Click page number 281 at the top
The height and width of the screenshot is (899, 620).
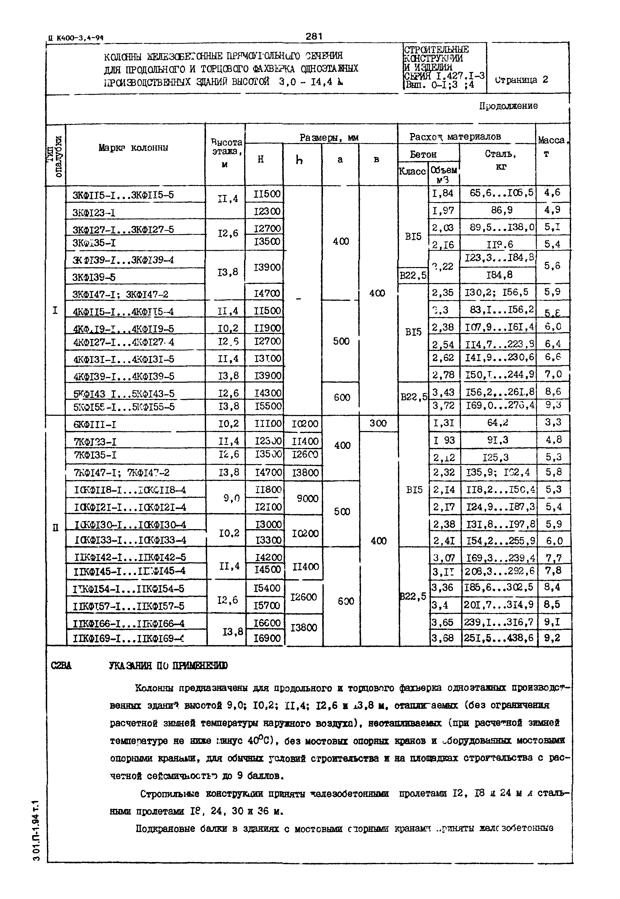(x=314, y=36)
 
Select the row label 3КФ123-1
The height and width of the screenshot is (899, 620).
(x=94, y=212)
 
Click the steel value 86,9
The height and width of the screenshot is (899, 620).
(x=502, y=210)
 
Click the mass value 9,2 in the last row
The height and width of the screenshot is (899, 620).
(x=552, y=638)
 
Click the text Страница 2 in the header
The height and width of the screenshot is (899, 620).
(x=522, y=80)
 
